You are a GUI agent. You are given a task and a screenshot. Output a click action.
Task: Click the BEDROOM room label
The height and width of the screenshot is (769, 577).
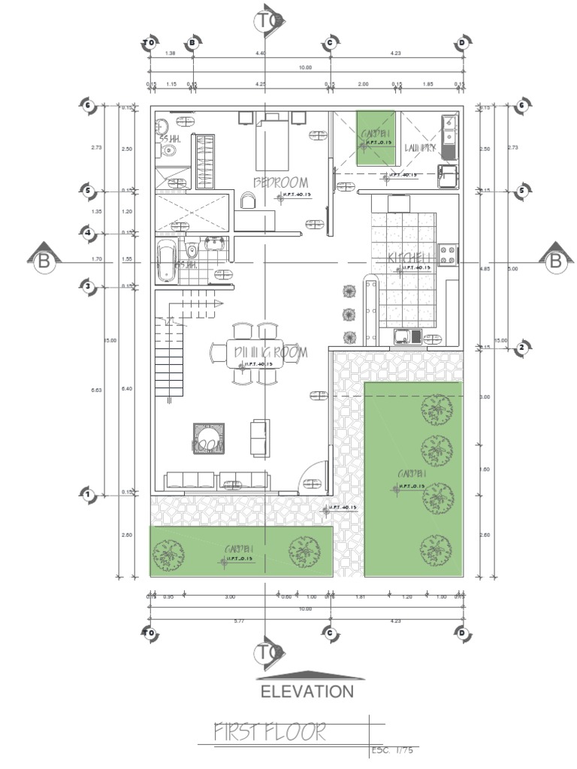coord(281,182)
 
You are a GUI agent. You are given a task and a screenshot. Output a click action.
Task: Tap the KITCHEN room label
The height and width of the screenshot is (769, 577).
coord(408,258)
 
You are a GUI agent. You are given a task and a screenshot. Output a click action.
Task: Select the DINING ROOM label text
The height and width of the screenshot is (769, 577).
coord(260,351)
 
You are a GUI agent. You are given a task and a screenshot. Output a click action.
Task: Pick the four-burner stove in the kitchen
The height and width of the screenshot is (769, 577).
coord(448,255)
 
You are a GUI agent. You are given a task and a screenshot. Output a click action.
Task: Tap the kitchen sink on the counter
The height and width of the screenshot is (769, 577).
coord(406,337)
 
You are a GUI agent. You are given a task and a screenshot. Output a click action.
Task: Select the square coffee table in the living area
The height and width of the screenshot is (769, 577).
coord(208,438)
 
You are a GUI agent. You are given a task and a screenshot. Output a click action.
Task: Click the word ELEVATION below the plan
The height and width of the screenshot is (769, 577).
coord(307,692)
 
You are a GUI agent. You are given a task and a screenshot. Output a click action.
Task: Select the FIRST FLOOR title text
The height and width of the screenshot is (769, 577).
coord(270,731)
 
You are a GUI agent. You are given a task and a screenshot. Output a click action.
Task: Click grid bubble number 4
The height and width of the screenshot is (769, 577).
coord(88,234)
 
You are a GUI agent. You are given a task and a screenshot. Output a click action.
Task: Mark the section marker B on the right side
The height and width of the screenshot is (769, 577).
coord(555,260)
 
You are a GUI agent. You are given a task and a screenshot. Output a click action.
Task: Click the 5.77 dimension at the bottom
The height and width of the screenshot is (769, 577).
coord(239,621)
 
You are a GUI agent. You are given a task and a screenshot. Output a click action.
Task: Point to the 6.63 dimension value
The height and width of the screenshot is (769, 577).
coord(96,390)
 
